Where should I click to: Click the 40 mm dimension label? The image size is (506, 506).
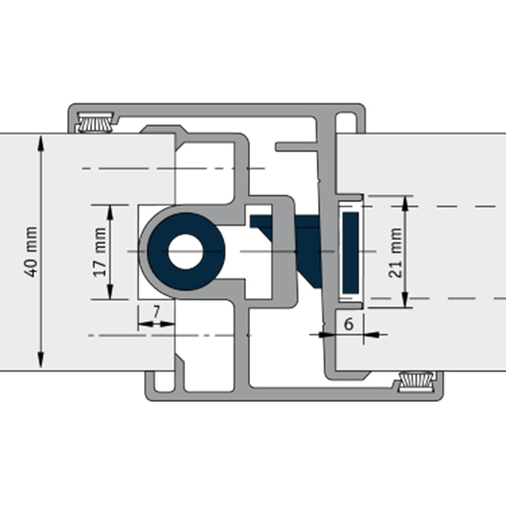pos(31,252)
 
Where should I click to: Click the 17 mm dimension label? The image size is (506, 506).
pos(100,252)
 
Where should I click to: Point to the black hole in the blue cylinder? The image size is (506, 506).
pos(185,252)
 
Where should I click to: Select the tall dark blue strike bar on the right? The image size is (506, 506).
pos(350,252)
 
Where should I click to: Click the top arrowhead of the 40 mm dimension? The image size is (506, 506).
pos(41,141)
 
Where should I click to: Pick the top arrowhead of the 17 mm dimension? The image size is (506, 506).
pos(110,210)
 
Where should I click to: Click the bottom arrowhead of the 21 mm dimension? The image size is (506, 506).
pos(406,301)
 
